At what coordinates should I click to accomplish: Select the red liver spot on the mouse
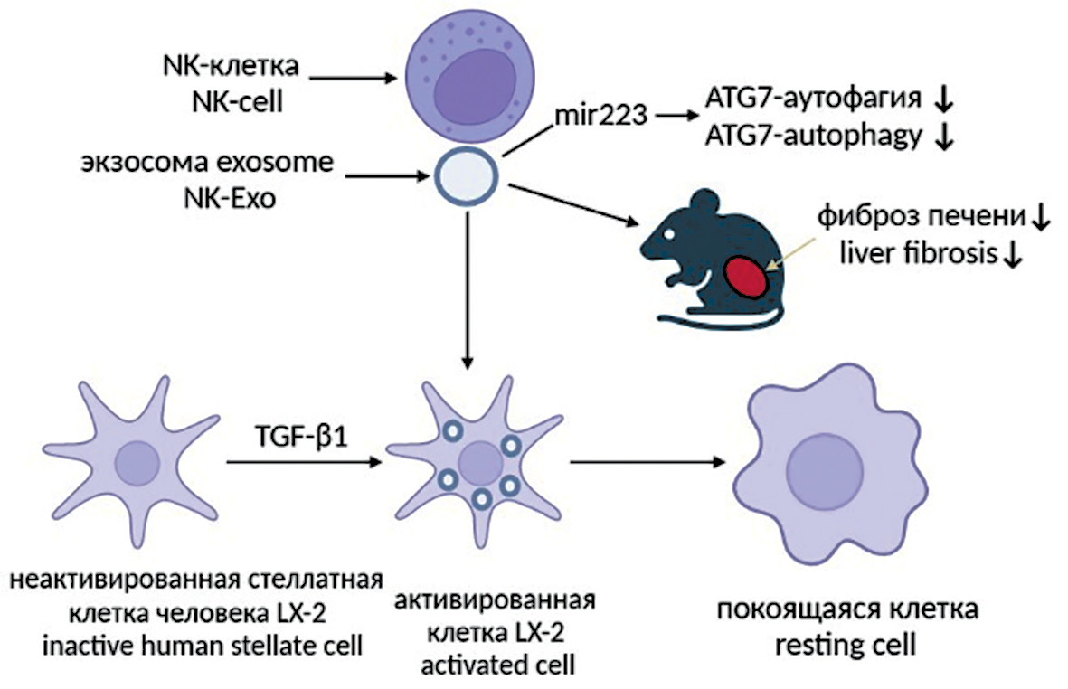(746, 277)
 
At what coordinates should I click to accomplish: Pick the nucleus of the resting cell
(818, 469)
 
